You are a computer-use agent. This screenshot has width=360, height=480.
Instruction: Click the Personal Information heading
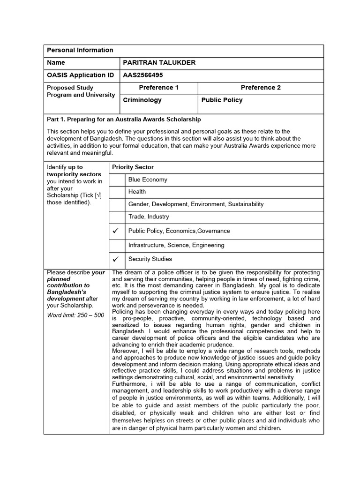pyautogui.click(x=80, y=50)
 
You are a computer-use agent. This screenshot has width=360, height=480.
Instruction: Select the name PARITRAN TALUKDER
pyautogui.click(x=159, y=63)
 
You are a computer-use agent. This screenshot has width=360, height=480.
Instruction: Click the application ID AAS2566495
pyautogui.click(x=143, y=75)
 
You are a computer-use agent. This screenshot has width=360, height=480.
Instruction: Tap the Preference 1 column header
pyautogui.click(x=159, y=88)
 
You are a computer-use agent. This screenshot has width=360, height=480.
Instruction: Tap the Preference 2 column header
pyautogui.click(x=261, y=88)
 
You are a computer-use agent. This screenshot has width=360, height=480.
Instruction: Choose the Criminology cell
pyautogui.click(x=142, y=100)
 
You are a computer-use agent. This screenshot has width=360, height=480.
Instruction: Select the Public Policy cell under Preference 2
pyautogui.click(x=222, y=100)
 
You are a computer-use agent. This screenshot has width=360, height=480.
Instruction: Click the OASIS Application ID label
pyautogui.click(x=80, y=75)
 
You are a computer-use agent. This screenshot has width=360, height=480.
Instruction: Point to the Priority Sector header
pyautogui.click(x=133, y=167)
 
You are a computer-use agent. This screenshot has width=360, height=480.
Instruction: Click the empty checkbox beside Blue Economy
pyautogui.click(x=117, y=180)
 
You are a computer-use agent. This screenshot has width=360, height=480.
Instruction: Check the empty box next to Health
pyautogui.click(x=117, y=192)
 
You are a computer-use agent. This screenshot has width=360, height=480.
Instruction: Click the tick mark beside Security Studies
pyautogui.click(x=116, y=259)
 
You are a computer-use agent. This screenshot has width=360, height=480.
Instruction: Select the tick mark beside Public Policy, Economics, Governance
pyautogui.click(x=116, y=231)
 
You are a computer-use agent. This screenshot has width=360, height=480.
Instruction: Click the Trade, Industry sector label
pyautogui.click(x=149, y=217)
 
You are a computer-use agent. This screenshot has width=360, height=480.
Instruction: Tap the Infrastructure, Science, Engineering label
pyautogui.click(x=176, y=245)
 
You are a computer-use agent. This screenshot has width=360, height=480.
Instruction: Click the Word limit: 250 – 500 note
pyautogui.click(x=75, y=315)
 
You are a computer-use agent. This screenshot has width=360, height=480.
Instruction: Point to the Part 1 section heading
pyautogui.click(x=124, y=120)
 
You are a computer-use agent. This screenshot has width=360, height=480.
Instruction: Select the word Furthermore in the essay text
pyautogui.click(x=129, y=384)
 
